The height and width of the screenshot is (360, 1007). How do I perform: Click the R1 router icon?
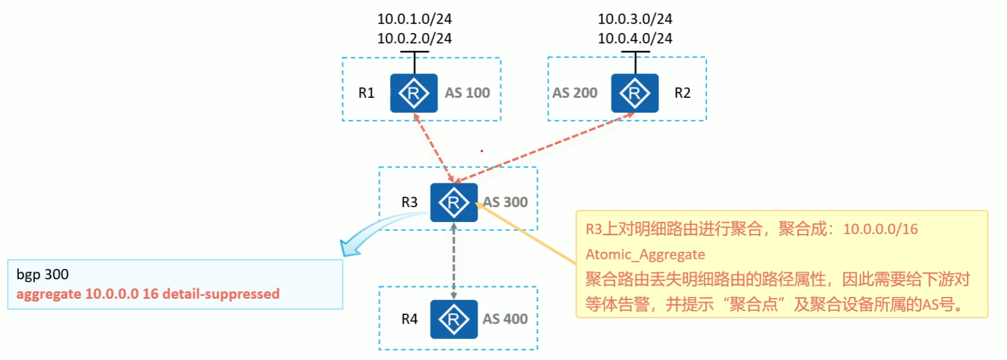click(x=414, y=93)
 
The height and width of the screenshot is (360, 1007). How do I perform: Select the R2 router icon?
click(x=634, y=93)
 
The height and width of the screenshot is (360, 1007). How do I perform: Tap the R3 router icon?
click(x=454, y=203)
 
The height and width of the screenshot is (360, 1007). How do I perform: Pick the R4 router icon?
click(x=454, y=319)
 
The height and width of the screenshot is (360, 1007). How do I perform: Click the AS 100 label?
click(x=467, y=93)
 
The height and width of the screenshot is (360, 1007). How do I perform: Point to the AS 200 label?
click(x=575, y=93)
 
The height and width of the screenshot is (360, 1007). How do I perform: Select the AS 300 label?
click(x=506, y=202)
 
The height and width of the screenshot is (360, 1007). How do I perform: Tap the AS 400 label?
click(x=505, y=319)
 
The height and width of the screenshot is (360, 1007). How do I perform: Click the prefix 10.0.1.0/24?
click(x=414, y=19)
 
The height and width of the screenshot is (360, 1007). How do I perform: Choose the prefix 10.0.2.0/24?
click(x=414, y=39)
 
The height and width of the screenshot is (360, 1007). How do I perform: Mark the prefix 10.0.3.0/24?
click(x=635, y=19)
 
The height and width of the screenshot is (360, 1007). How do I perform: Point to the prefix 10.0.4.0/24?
click(x=635, y=39)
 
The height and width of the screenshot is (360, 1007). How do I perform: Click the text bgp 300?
click(x=43, y=274)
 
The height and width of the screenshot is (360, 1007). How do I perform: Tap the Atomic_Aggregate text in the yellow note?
click(x=645, y=255)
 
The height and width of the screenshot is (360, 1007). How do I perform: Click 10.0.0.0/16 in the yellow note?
click(x=880, y=229)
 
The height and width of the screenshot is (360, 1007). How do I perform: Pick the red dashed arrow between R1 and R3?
click(x=434, y=147)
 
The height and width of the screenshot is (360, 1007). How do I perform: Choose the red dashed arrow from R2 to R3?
click(x=544, y=147)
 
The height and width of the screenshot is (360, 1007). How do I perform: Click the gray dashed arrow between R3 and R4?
click(x=454, y=261)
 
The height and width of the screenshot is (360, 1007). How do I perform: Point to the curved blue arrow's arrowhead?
click(x=349, y=248)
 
